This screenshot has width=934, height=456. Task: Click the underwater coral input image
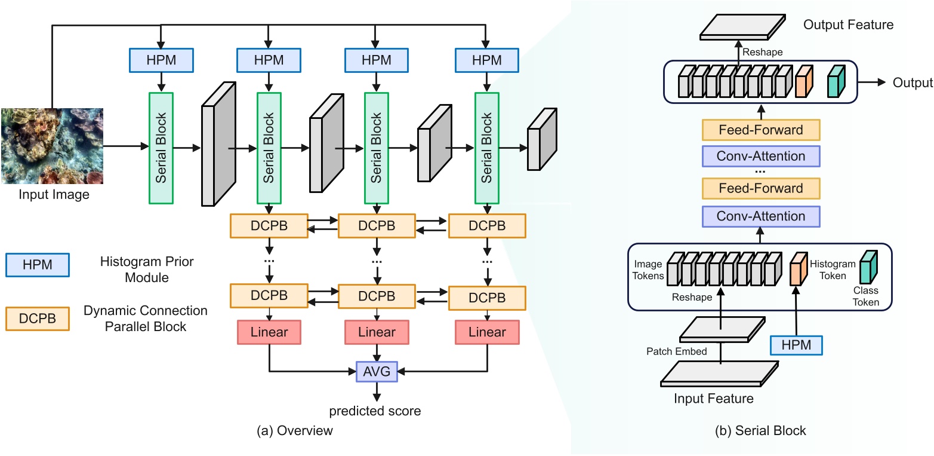(x=52, y=145)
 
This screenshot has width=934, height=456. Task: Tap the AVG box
(x=376, y=372)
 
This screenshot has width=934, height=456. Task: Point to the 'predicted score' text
(x=375, y=411)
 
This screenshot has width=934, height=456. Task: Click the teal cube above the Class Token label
(x=868, y=267)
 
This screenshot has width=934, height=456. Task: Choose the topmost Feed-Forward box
(x=761, y=130)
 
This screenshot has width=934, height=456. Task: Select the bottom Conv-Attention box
(x=761, y=216)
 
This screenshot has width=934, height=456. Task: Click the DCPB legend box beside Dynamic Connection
(x=37, y=319)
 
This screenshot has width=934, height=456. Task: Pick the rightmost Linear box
(x=487, y=332)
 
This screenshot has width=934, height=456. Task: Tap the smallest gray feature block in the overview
(x=541, y=140)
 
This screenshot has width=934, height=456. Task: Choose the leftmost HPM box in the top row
(x=161, y=60)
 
